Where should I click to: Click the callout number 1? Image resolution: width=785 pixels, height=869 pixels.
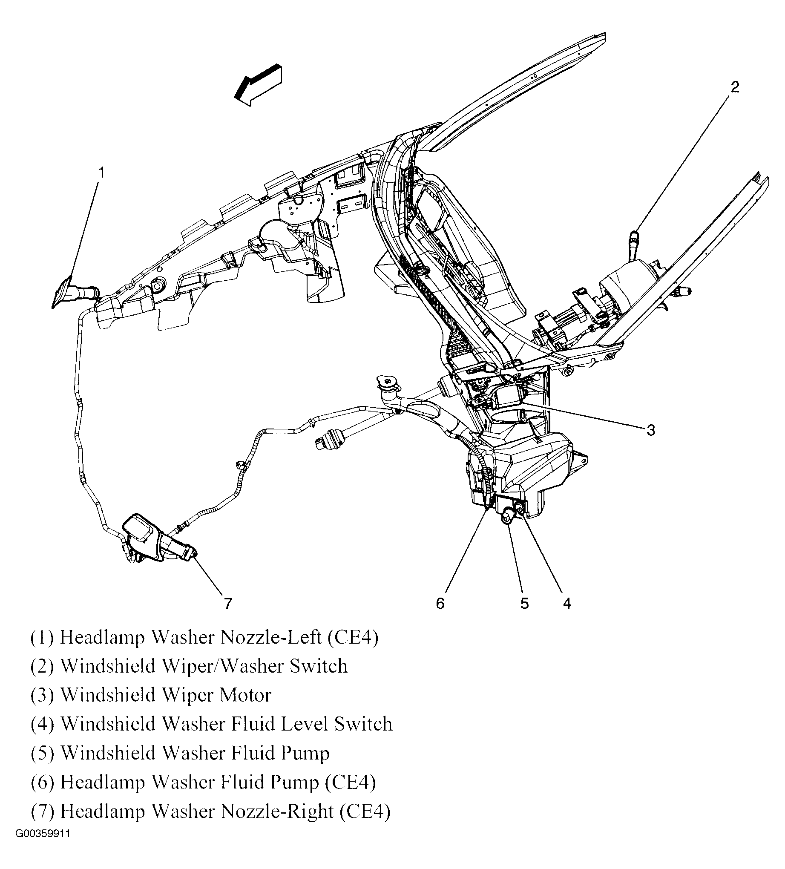[101, 173]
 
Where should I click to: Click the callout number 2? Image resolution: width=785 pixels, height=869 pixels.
[735, 86]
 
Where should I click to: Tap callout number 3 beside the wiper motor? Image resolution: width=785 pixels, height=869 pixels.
[650, 430]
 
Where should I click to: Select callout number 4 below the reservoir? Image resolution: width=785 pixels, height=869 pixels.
[567, 604]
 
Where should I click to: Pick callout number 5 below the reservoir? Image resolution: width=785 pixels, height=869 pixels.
[524, 604]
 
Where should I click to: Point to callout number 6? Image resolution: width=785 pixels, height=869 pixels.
[440, 604]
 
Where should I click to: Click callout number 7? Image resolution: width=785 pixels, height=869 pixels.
[228, 604]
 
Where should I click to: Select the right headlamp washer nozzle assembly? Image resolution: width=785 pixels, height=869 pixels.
[155, 539]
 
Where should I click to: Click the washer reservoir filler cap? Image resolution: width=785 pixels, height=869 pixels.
[385, 381]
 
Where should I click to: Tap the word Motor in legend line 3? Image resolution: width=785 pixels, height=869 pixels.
[245, 695]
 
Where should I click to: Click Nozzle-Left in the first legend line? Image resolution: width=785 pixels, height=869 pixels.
[271, 637]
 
